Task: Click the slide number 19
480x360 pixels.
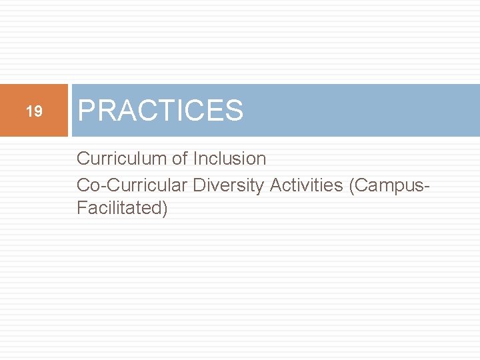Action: click(x=34, y=111)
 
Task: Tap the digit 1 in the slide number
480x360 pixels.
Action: click(x=29, y=111)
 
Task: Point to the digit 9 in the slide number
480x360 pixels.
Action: click(x=38, y=111)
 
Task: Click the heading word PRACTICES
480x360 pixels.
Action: click(x=161, y=111)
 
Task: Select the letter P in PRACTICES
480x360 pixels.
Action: click(x=87, y=111)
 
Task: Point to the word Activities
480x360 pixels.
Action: click(x=306, y=185)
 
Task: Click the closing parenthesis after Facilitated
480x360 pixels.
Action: click(x=164, y=209)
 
